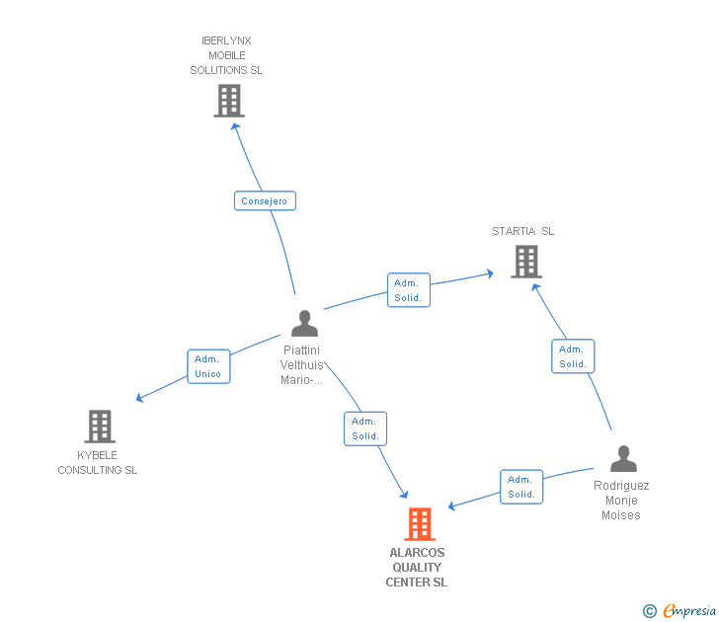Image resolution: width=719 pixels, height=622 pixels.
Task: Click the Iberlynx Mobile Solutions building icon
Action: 228,101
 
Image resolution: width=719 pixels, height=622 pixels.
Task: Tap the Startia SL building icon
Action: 525,262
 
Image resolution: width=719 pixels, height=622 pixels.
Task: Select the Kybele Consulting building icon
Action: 99,427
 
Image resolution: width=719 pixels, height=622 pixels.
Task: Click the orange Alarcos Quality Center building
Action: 420,524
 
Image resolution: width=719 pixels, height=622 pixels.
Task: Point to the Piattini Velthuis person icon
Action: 304,323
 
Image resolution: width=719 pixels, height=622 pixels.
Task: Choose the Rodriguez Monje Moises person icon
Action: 623,459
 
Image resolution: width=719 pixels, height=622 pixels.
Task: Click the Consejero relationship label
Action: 265,201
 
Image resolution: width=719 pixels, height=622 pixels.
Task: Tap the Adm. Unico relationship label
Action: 208,366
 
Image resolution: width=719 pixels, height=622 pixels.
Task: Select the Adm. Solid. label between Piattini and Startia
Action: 408,290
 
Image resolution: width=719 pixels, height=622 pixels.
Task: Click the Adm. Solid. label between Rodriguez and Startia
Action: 573,356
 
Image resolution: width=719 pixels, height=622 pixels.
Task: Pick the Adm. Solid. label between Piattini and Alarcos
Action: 365,428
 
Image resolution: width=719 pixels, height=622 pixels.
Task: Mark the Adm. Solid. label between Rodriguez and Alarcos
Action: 521,487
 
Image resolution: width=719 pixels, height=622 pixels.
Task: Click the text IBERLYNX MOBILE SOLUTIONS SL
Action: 226,55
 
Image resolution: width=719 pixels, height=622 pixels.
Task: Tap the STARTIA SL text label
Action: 523,231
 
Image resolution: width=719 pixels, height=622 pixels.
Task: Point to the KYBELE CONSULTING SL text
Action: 98,463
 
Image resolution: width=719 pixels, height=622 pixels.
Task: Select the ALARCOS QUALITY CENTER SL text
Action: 417,568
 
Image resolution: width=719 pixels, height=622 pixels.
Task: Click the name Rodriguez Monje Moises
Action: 621,501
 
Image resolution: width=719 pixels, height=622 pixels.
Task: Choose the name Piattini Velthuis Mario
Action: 302,365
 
